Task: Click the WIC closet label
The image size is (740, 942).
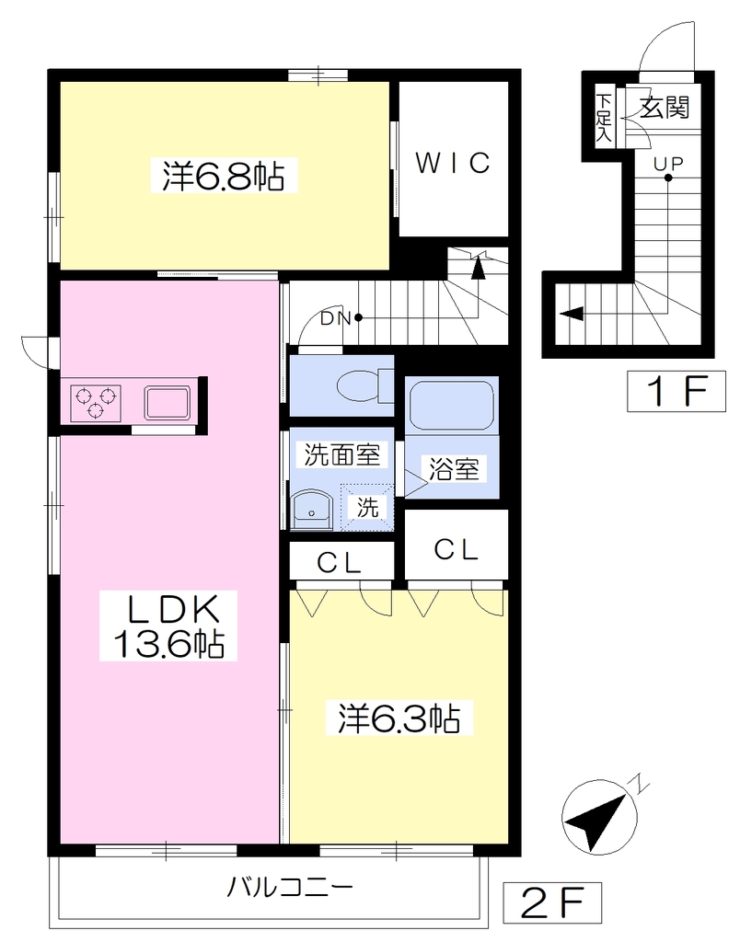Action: [x=453, y=162]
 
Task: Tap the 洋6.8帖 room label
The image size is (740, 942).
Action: [x=223, y=176]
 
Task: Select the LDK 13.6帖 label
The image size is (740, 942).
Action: [x=168, y=626]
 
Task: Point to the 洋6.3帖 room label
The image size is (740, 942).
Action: [x=399, y=718]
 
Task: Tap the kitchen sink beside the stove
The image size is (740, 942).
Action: [x=167, y=403]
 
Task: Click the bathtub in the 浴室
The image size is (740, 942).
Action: [x=451, y=405]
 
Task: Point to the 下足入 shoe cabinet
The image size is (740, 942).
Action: [x=604, y=117]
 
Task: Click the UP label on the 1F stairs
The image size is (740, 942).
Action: [x=668, y=163]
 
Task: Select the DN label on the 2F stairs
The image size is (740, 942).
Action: [x=335, y=318]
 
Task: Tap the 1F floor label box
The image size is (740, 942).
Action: [x=676, y=392]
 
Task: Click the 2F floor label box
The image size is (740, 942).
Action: [x=552, y=899]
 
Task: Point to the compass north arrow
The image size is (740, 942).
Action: [x=599, y=816]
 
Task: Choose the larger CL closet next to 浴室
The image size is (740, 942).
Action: [x=457, y=545]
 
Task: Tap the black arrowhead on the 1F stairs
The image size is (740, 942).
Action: [x=572, y=313]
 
